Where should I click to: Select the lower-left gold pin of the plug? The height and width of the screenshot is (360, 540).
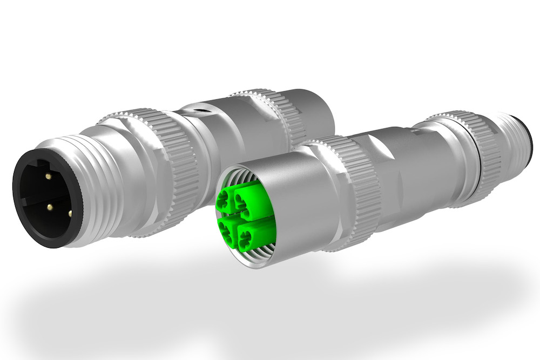[49, 207]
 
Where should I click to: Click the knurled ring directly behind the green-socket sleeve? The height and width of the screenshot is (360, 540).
[346, 189]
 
